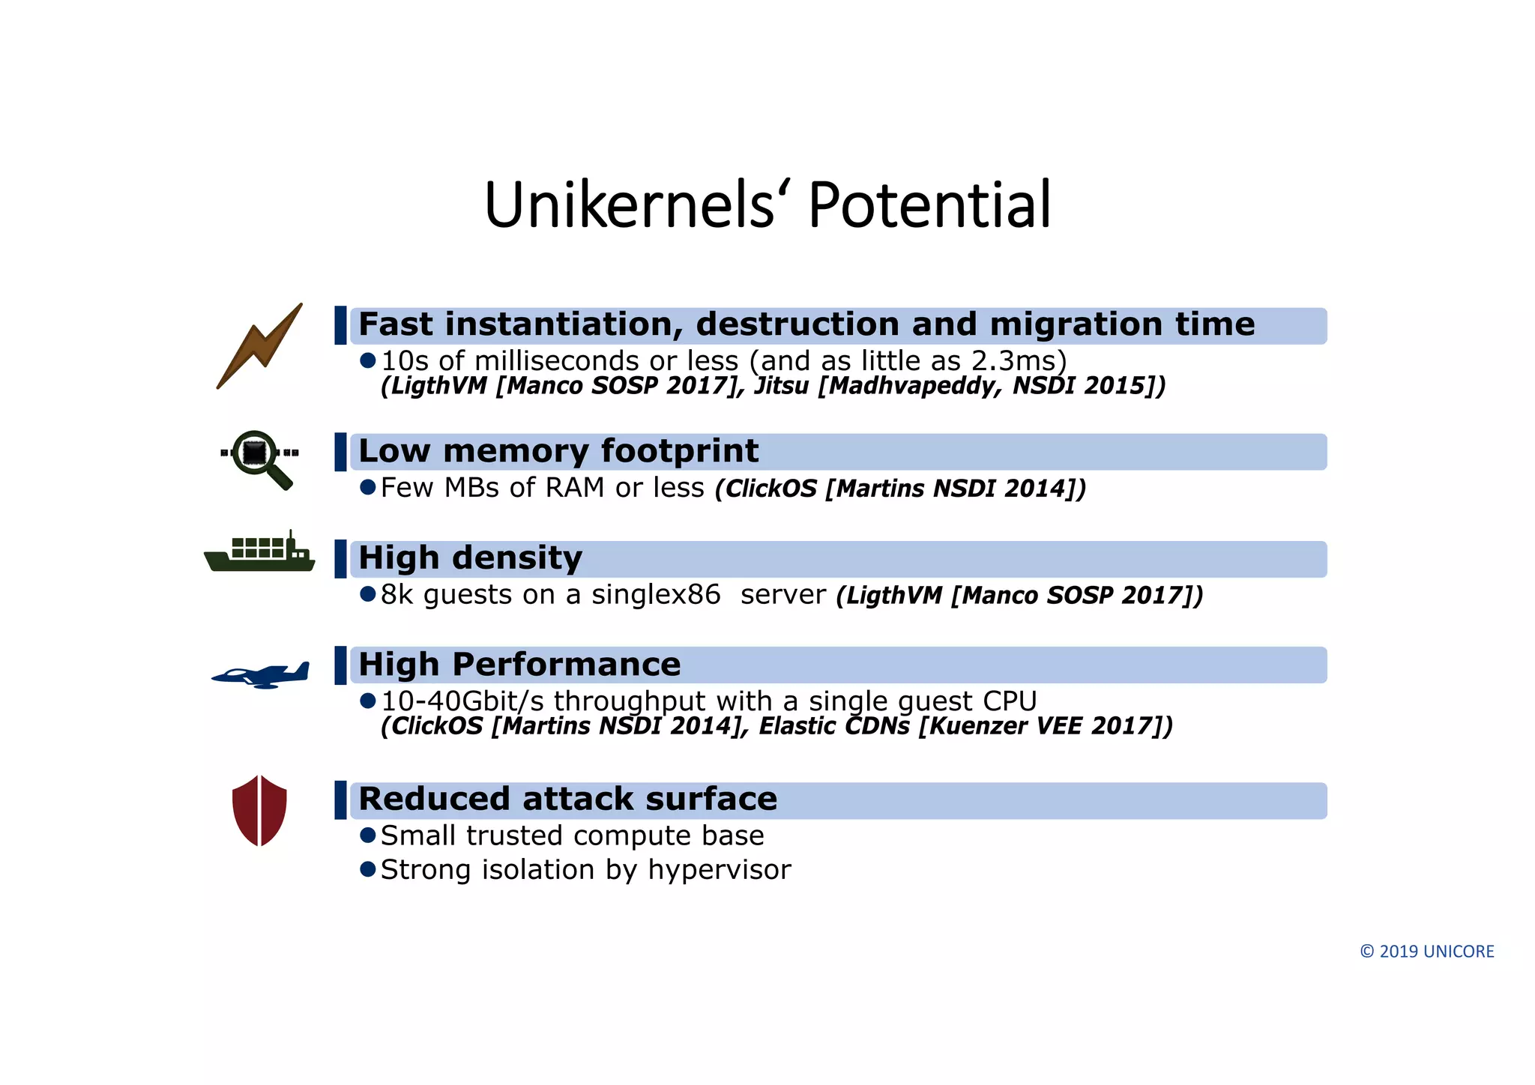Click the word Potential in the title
pos(929,205)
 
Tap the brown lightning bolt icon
pos(259,346)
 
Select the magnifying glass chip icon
pos(259,458)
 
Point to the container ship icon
pos(259,553)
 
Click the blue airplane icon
pos(261,674)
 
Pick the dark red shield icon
pos(259,811)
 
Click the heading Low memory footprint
pos(558,451)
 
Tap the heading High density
pos(470,558)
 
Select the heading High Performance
pos(519,665)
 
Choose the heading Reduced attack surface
pos(567,799)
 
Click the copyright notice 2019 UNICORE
pos(1426,952)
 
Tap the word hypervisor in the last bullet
pos(719,870)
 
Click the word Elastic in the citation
pos(797,726)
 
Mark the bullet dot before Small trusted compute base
pos(367,835)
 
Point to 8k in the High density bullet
pos(396,595)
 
